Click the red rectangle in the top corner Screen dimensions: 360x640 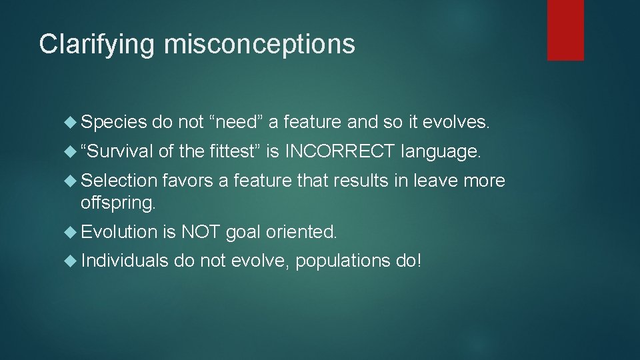(565, 30)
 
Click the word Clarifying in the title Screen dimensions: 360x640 (97, 45)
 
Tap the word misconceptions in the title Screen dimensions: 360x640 (259, 45)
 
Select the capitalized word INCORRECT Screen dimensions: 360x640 (340, 152)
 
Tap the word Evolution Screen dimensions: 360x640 (119, 232)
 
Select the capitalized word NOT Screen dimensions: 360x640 (201, 232)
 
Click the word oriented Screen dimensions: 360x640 (301, 232)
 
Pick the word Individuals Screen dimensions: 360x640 (125, 261)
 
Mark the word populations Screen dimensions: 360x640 (343, 261)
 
